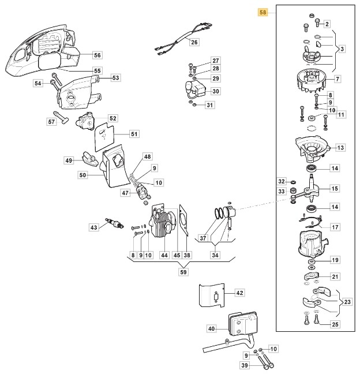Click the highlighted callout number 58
point(263,12)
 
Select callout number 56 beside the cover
point(97,55)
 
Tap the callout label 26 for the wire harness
point(194,42)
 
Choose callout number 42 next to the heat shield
point(240,293)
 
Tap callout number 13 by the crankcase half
point(340,148)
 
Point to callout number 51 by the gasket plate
point(134,134)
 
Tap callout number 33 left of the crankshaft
point(282,192)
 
